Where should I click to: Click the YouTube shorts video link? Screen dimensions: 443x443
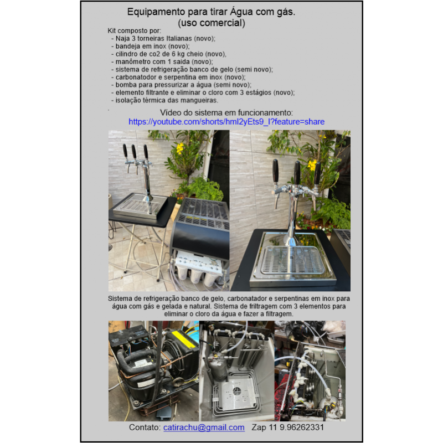pyautogui.click(x=226, y=122)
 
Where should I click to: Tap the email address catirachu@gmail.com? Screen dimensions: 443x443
pyautogui.click(x=204, y=427)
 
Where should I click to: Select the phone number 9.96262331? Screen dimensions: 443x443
pyautogui.click(x=301, y=427)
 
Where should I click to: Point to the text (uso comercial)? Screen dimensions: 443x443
pyautogui.click(x=212, y=23)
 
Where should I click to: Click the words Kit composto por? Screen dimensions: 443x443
pyautogui.click(x=134, y=31)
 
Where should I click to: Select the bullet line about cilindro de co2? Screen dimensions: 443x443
pyautogui.click(x=169, y=54)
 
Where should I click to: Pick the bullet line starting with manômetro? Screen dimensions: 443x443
pyautogui.click(x=162, y=61)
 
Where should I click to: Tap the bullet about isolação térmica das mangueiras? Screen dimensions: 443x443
pyautogui.click(x=164, y=100)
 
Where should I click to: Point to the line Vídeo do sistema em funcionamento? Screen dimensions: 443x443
pyautogui.click(x=226, y=113)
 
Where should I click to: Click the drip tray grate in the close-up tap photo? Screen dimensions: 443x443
pyautogui.click(x=292, y=260)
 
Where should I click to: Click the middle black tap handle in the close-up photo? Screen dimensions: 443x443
pyautogui.click(x=297, y=172)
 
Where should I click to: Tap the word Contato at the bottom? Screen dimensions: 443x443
pyautogui.click(x=145, y=427)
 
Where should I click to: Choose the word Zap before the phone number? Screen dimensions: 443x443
pyautogui.click(x=259, y=427)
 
